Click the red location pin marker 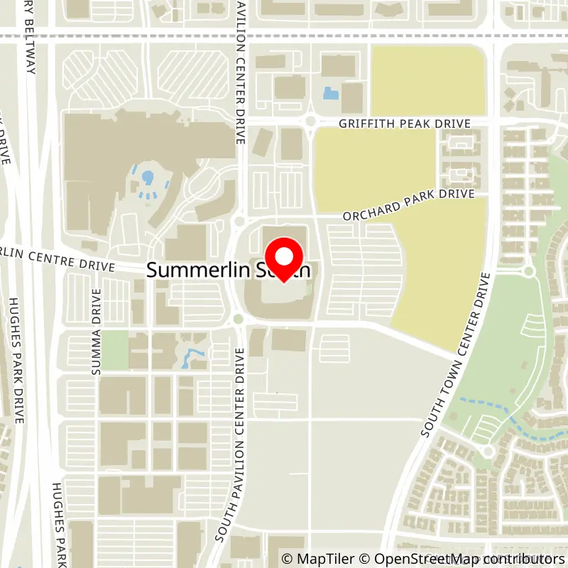(284, 259)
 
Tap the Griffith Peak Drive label (404, 124)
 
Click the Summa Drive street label (97, 332)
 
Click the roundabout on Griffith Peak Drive (310, 122)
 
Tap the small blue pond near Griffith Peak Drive (330, 92)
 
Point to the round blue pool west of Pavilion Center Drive (148, 176)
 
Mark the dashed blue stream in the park (490, 408)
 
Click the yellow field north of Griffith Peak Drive (427, 80)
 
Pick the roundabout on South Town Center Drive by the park (529, 271)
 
